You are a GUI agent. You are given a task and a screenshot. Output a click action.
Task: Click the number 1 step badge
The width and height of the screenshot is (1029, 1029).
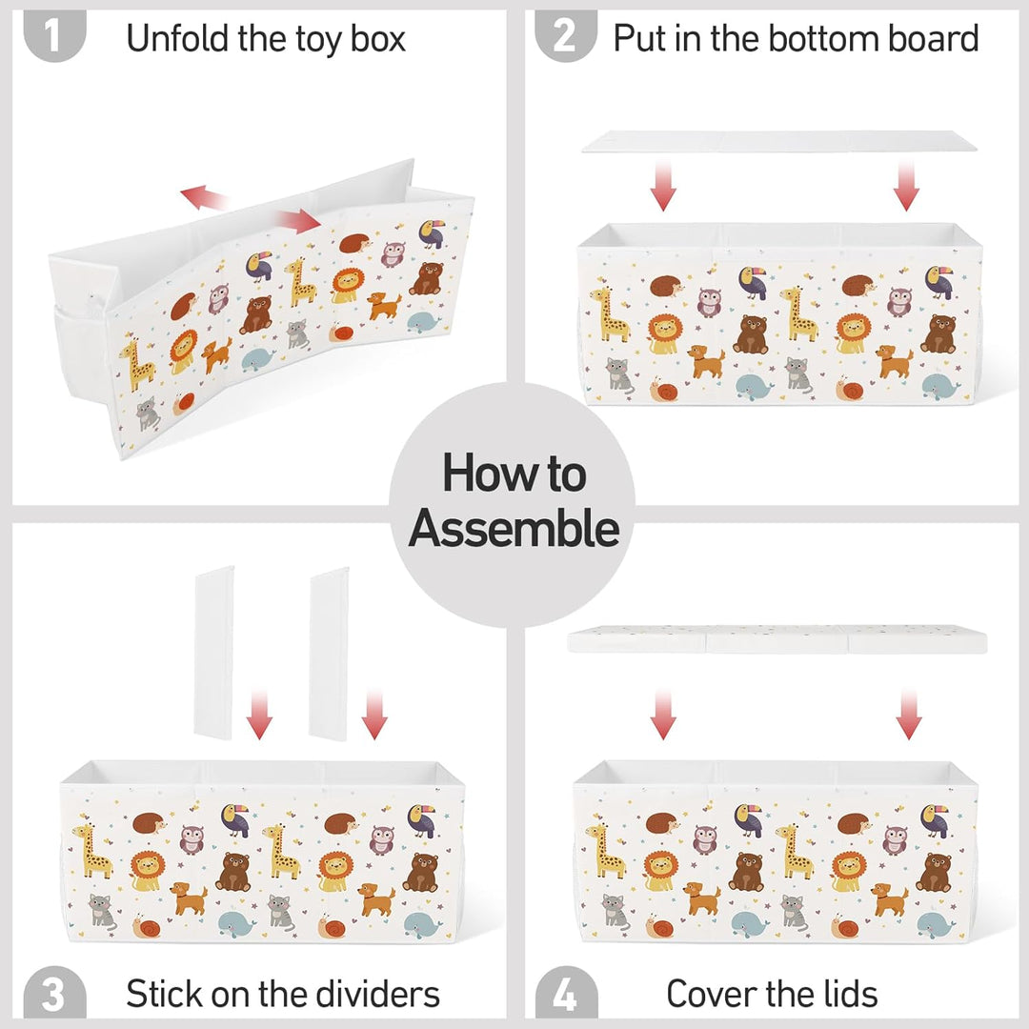point(54,35)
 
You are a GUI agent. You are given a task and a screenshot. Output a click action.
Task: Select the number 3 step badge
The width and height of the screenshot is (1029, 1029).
point(54,992)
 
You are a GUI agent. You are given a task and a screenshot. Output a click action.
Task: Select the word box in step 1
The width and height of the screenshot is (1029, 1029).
point(378,38)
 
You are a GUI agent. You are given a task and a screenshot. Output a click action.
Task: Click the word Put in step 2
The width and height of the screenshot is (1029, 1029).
point(640,38)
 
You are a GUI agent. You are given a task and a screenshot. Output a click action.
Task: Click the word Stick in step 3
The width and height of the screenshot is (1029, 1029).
point(165,994)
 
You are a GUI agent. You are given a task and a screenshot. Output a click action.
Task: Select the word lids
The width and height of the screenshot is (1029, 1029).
point(851,994)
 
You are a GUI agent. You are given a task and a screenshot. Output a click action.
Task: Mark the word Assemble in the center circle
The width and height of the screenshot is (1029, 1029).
point(514,528)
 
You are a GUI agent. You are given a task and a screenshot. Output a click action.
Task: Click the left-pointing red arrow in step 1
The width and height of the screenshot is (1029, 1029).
point(205,197)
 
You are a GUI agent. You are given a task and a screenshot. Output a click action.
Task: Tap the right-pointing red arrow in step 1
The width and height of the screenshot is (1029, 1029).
point(298,221)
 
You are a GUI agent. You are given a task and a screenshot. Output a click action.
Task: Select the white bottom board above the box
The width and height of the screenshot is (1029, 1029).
point(779,141)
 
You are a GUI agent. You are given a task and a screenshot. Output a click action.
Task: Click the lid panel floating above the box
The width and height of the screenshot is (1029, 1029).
point(777,639)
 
